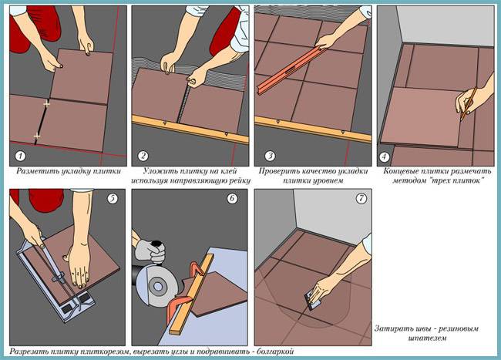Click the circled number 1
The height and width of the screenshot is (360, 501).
point(20,156)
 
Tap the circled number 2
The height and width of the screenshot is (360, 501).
point(143,156)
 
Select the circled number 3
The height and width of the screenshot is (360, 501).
point(270,156)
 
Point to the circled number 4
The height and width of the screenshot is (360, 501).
point(384,157)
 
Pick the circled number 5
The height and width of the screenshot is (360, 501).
point(112,199)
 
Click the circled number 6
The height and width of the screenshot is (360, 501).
point(232,199)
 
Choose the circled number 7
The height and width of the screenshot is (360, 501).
point(361,199)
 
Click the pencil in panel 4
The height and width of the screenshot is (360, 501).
point(469,104)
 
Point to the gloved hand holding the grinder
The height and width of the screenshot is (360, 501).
point(150,251)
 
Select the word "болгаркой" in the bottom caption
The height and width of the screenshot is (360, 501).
point(276,352)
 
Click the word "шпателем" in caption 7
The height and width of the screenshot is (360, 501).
point(427,338)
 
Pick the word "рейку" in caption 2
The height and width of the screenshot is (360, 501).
point(240,181)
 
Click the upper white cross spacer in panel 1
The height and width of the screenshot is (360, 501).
point(47,104)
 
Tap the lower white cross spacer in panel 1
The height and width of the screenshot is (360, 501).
point(37,136)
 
